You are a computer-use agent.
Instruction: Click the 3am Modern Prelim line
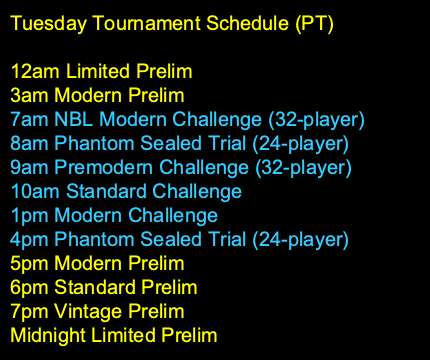pos(97,95)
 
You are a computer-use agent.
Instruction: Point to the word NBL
pos(77,119)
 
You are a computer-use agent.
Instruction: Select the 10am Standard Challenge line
pos(126,191)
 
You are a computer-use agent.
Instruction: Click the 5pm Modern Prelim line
pos(97,263)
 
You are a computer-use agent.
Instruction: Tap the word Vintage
pos(84,311)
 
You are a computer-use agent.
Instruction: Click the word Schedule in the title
pos(229,21)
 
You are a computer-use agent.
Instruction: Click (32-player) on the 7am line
pos(316,119)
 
